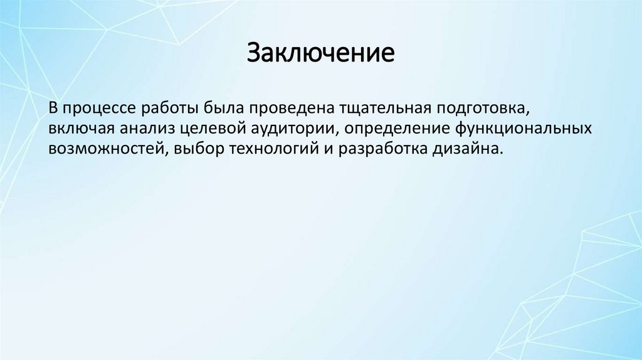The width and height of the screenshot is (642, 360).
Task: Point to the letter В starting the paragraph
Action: [x=54, y=107]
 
